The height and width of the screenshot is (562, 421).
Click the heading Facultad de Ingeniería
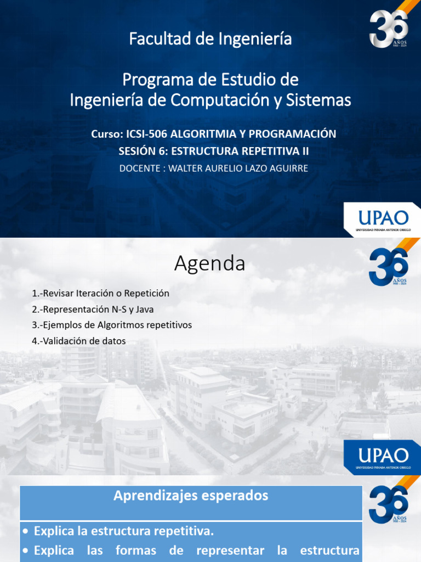pyautogui.click(x=210, y=39)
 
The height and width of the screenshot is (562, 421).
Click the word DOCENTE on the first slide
pyautogui.click(x=141, y=168)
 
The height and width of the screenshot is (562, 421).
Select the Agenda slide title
pyautogui.click(x=210, y=264)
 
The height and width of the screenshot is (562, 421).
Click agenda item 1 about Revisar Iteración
pyautogui.click(x=100, y=294)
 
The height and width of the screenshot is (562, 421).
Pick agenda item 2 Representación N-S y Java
pyautogui.click(x=93, y=310)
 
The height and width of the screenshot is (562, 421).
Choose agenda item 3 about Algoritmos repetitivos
pyautogui.click(x=112, y=325)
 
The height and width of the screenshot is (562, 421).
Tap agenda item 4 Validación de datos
pyautogui.click(x=79, y=341)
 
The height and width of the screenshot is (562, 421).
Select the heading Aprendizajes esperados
pyautogui.click(x=191, y=496)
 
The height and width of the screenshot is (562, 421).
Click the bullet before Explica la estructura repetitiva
pyautogui.click(x=26, y=532)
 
